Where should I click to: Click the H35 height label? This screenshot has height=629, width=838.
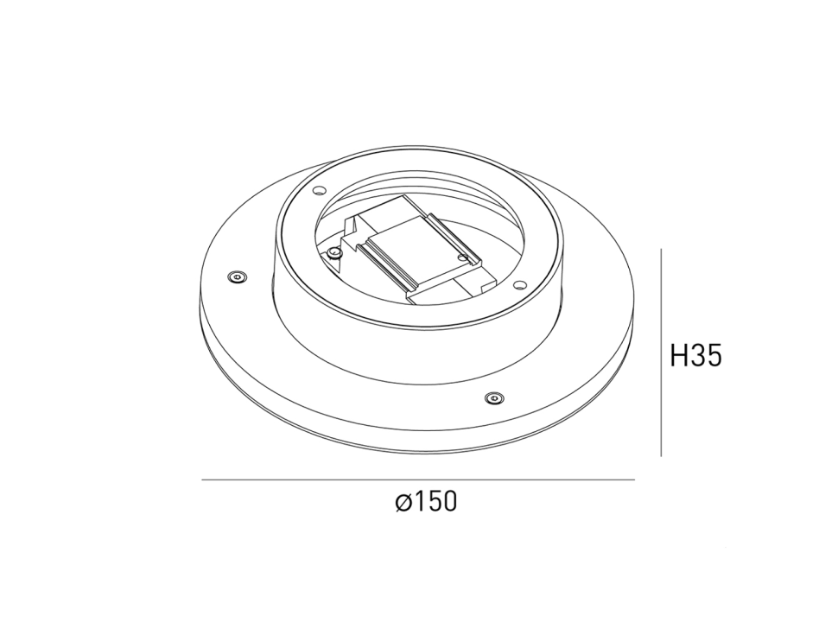tap(695, 355)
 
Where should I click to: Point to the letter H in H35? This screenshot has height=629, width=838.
tap(680, 355)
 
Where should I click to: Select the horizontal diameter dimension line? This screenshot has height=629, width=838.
tap(418, 480)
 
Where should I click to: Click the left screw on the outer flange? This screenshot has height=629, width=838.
tap(237, 276)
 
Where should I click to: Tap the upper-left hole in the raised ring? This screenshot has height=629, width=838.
tap(319, 190)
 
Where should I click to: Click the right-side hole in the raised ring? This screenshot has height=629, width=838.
tap(519, 285)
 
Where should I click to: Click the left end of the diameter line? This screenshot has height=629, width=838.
tap(202, 480)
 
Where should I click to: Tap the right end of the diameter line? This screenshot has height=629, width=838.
tap(635, 480)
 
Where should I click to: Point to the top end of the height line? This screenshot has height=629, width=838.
tap(661, 250)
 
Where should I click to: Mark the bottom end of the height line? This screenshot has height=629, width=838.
tap(661, 455)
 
